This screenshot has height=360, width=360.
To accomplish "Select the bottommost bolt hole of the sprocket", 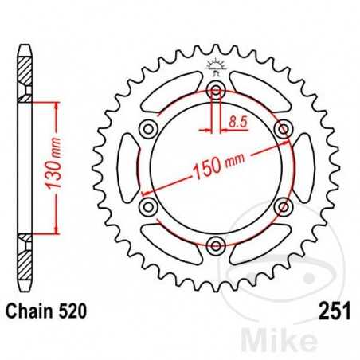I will (214, 245).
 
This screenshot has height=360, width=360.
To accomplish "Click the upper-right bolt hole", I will (281, 128).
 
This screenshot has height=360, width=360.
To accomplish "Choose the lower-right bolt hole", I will (281, 206).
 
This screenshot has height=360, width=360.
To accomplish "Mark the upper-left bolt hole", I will (147, 128).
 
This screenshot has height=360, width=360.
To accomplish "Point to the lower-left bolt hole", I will (147, 206).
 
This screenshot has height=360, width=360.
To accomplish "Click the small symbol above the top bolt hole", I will (214, 65).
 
